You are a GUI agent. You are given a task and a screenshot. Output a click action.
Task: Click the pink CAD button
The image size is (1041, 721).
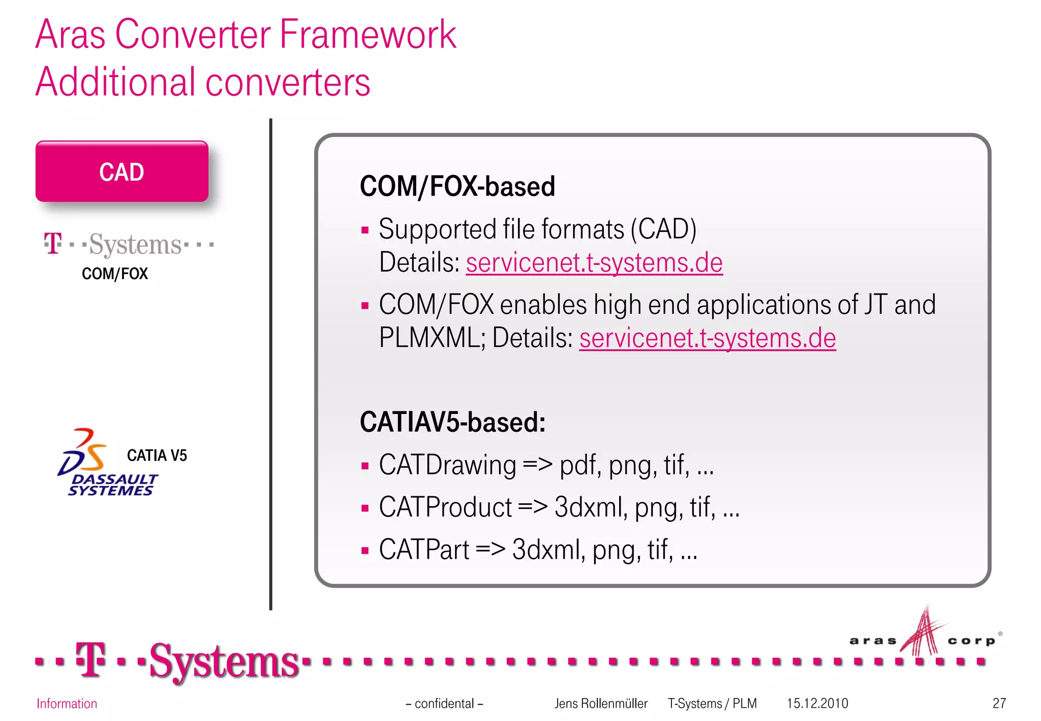tap(122, 172)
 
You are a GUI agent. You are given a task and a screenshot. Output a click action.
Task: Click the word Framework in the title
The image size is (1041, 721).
tap(368, 35)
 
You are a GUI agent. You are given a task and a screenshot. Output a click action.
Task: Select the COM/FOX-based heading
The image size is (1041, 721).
tap(457, 186)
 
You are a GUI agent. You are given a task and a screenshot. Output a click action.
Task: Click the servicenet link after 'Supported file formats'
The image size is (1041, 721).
tap(594, 263)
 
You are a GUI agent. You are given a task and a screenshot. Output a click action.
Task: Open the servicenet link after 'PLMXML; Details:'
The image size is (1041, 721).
tap(707, 338)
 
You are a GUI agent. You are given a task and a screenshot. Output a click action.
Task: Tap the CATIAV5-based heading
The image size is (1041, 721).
tap(452, 422)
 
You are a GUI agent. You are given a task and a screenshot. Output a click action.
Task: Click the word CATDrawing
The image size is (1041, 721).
tap(447, 465)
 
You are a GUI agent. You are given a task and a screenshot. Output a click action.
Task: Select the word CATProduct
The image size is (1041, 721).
tap(445, 507)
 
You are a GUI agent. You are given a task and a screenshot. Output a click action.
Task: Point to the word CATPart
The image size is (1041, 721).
tap(424, 550)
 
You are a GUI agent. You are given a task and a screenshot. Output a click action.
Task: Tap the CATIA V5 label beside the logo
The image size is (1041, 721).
tap(157, 455)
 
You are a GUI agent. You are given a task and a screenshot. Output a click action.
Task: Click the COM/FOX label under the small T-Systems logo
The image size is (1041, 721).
tap(115, 274)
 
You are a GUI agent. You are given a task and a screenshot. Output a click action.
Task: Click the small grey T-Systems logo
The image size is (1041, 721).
tap(128, 245)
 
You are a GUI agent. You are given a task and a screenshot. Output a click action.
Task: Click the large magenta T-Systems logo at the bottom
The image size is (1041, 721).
tap(188, 661)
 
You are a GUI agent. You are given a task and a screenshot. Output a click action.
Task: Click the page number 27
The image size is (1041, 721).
tap(999, 703)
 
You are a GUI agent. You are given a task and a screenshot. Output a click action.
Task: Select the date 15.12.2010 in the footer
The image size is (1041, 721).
tap(817, 703)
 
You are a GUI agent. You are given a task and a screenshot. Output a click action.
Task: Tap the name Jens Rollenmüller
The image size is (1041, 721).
tap(601, 703)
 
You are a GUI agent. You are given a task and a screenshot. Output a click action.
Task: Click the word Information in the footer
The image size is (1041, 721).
tap(67, 704)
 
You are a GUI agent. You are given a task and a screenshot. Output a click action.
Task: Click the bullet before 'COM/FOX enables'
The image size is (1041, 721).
tap(364, 306)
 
